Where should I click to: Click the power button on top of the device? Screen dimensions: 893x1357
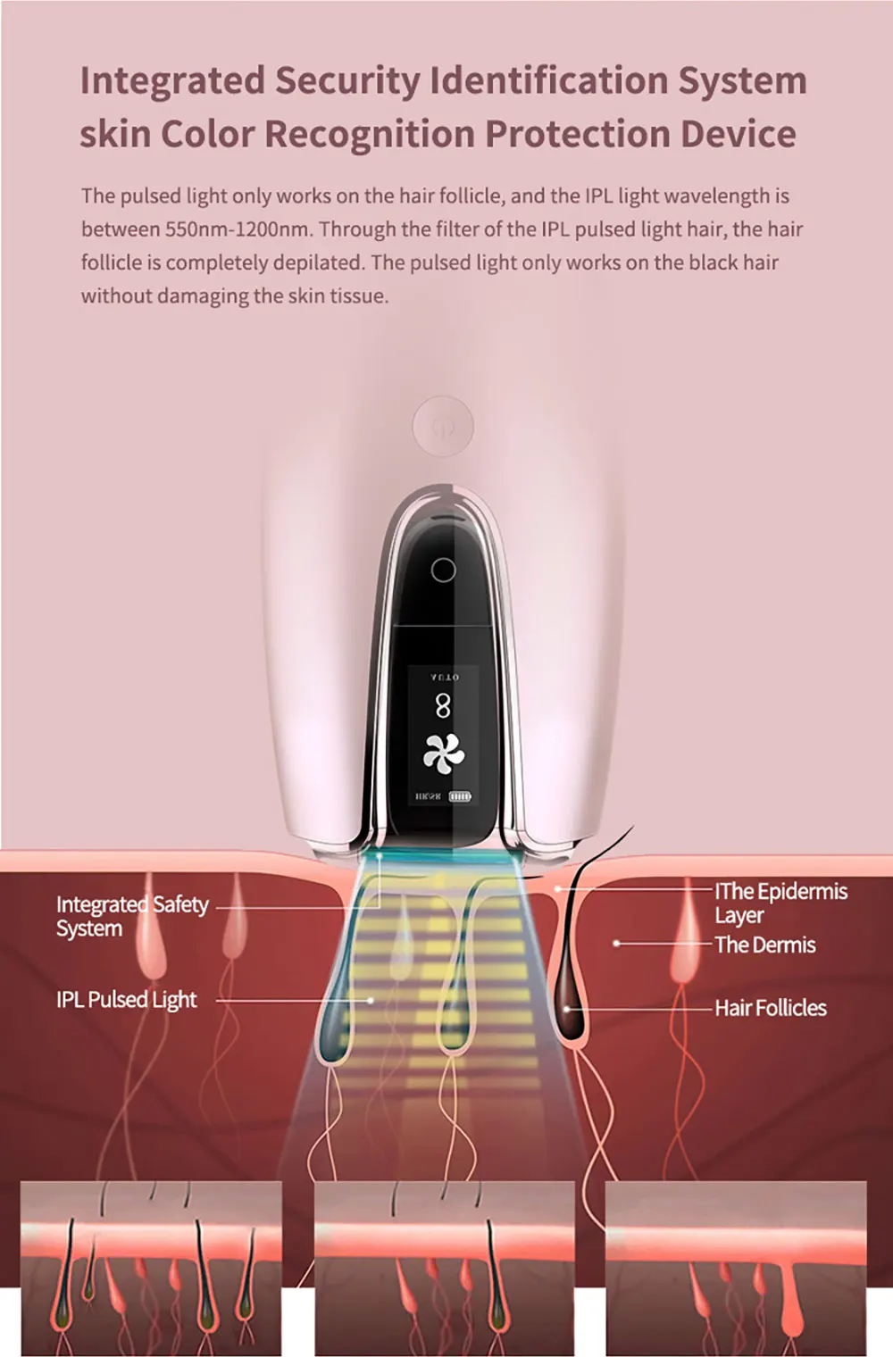coord(443,427)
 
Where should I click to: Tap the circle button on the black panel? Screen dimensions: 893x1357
coord(443,570)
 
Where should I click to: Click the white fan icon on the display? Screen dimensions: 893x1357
coord(444,753)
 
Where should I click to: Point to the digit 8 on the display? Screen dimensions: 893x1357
coord(443,707)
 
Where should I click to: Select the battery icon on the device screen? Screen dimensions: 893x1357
coord(460,796)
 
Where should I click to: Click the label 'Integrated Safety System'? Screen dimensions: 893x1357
coord(132,916)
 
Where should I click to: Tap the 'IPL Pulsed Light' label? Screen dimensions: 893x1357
coord(126,1000)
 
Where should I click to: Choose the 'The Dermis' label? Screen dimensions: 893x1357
coord(765,945)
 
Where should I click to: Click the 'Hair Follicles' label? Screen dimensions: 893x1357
coord(771,1008)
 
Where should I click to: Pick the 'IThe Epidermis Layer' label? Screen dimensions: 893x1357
coord(780,903)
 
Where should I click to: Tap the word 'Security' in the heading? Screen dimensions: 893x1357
coord(347,81)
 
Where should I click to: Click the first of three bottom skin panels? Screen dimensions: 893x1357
coord(151,1268)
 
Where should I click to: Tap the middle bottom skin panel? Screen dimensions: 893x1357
coord(444,1268)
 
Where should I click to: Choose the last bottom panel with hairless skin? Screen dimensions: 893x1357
coord(735,1268)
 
